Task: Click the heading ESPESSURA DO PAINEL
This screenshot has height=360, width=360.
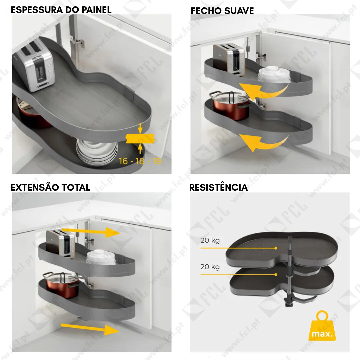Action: pos(61,10)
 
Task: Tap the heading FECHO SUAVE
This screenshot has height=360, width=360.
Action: pos(222,11)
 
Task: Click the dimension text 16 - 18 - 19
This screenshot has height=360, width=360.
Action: pos(140,161)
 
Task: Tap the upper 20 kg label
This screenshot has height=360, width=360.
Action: pos(210,241)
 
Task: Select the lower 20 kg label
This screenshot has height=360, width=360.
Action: pos(210,267)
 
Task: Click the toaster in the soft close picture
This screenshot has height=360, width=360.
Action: pos(229,59)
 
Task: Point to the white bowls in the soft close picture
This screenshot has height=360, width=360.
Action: pos(274,74)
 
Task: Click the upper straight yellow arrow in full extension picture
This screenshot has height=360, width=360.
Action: pos(91,232)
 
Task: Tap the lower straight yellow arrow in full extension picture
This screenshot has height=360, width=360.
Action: pos(90,329)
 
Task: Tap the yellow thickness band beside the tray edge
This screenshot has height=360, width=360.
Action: pos(140,138)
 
